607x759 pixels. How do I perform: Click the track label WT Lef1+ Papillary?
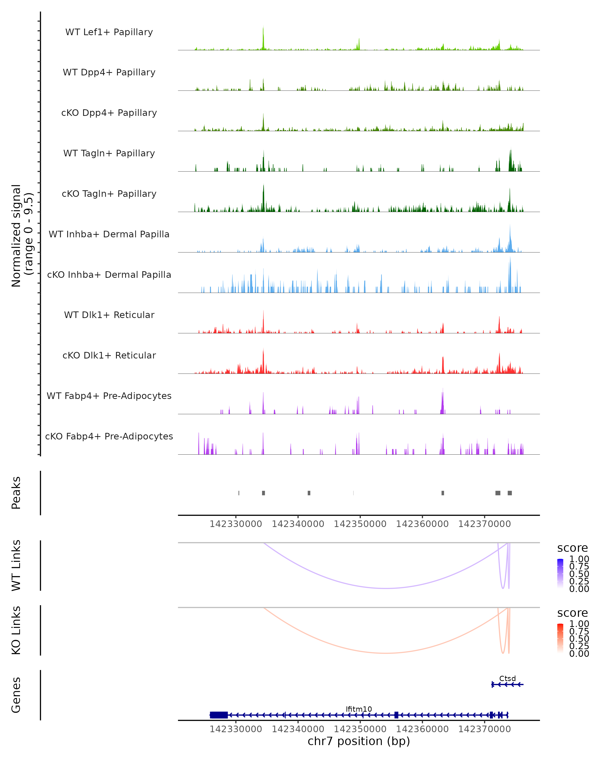point(109,32)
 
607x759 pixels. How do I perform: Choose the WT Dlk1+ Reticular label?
point(109,315)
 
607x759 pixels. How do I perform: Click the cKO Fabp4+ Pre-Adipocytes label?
point(109,436)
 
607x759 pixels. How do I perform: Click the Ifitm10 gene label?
point(359,709)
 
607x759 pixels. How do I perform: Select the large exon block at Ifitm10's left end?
point(219,715)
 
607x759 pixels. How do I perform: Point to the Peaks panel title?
point(16,493)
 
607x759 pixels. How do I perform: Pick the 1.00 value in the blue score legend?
point(579,559)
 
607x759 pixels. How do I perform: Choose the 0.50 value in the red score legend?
point(579,639)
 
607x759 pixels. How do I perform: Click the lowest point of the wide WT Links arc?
point(386,588)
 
